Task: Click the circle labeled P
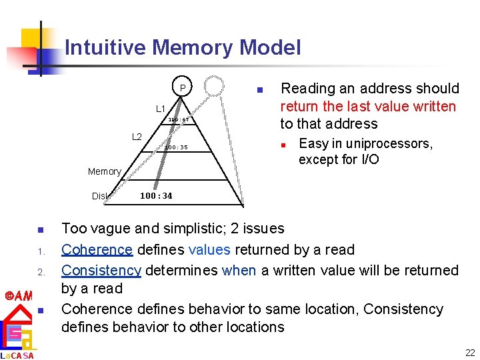(x=181, y=88)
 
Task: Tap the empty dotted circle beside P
(x=215, y=86)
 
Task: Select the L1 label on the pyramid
(x=161, y=108)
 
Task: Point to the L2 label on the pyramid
(x=137, y=137)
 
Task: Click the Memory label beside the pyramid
(x=105, y=171)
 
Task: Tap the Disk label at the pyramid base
(x=99, y=196)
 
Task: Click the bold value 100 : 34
(x=156, y=195)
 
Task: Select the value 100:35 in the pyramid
(x=177, y=147)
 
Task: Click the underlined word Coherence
(x=97, y=249)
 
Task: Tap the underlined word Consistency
(x=101, y=270)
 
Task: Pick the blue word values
(x=209, y=249)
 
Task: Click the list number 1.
(x=41, y=251)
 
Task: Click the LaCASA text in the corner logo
(x=17, y=355)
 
